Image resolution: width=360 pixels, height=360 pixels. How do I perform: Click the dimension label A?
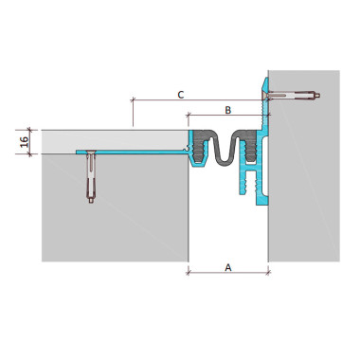[x=228, y=267]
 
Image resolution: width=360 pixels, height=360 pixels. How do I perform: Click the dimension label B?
[x=228, y=110]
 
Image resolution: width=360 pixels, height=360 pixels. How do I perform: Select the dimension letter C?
[x=181, y=95]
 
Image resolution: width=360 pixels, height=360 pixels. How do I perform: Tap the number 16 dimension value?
[x=25, y=141]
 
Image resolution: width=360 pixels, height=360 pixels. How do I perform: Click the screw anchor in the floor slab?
[x=91, y=177]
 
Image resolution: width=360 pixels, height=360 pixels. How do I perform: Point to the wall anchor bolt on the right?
[x=292, y=95]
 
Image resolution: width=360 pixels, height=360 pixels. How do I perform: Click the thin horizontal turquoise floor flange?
[x=132, y=153]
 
